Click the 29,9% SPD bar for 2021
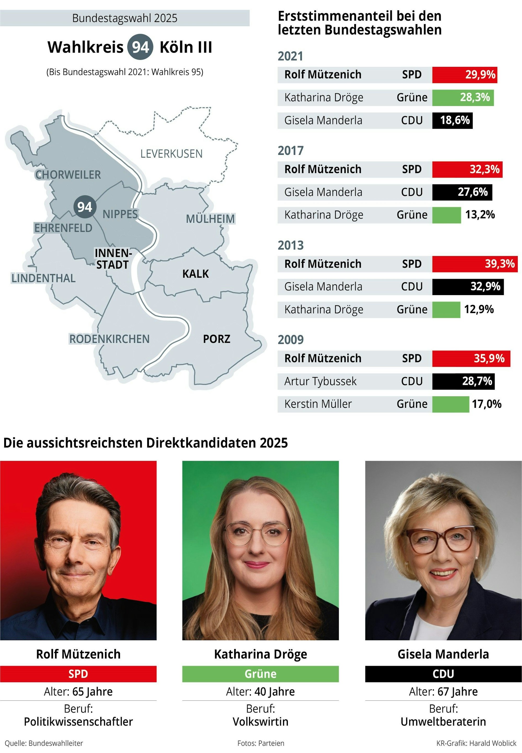click(x=464, y=75)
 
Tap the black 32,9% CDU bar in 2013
click(x=468, y=286)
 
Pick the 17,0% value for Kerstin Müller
click(x=486, y=404)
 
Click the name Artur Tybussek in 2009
click(x=320, y=381)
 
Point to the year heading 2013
click(x=290, y=245)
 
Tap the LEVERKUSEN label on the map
click(x=171, y=154)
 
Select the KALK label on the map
click(x=195, y=274)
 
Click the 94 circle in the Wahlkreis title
click(x=140, y=47)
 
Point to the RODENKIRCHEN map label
click(x=109, y=339)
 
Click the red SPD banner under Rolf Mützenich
click(x=78, y=674)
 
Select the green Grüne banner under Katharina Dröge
click(x=260, y=674)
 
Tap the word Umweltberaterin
click(x=443, y=722)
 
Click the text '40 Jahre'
click(x=274, y=691)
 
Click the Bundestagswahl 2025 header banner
click(x=124, y=18)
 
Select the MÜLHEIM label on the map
click(x=210, y=219)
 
